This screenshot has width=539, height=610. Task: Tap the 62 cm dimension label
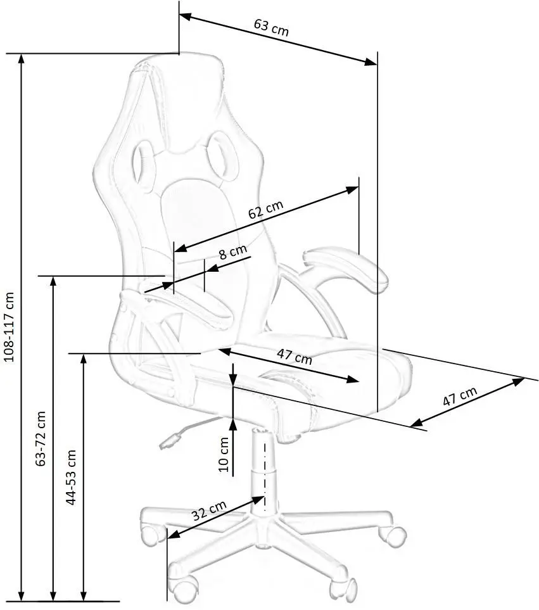pos(265,211)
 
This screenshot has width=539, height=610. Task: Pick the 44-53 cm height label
pos(72,477)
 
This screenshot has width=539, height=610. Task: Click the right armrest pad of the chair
pos(346,269)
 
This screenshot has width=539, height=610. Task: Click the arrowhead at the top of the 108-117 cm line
pos(22,59)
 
